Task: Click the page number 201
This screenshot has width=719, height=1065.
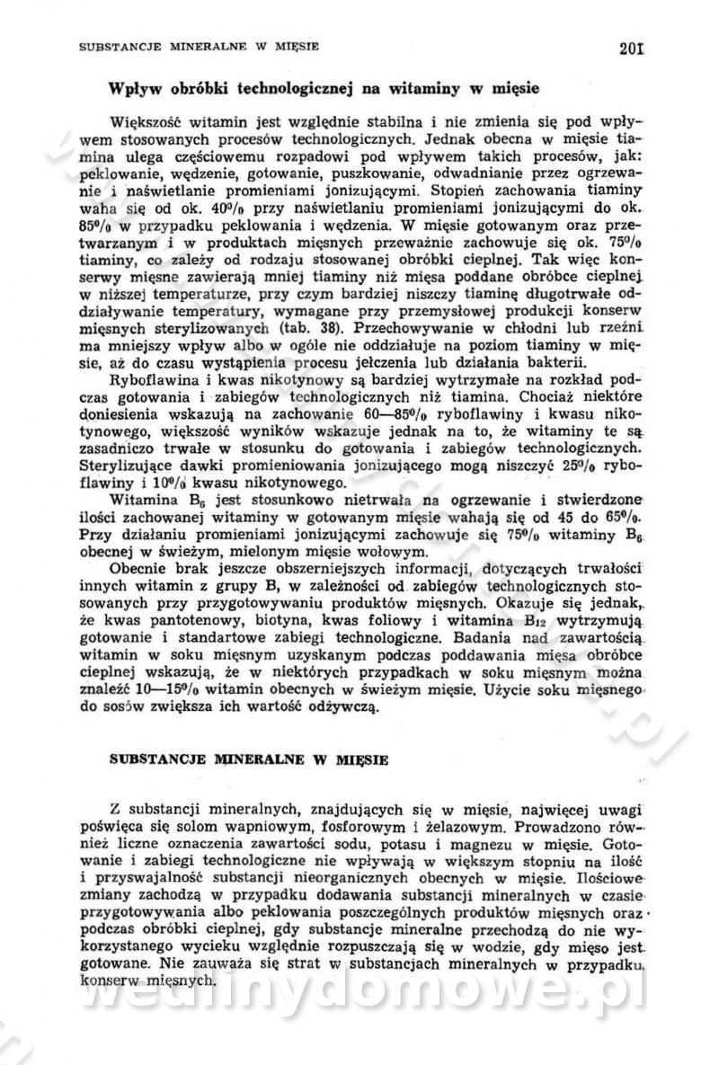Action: coord(632,49)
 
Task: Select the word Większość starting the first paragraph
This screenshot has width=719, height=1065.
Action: coord(144,121)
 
